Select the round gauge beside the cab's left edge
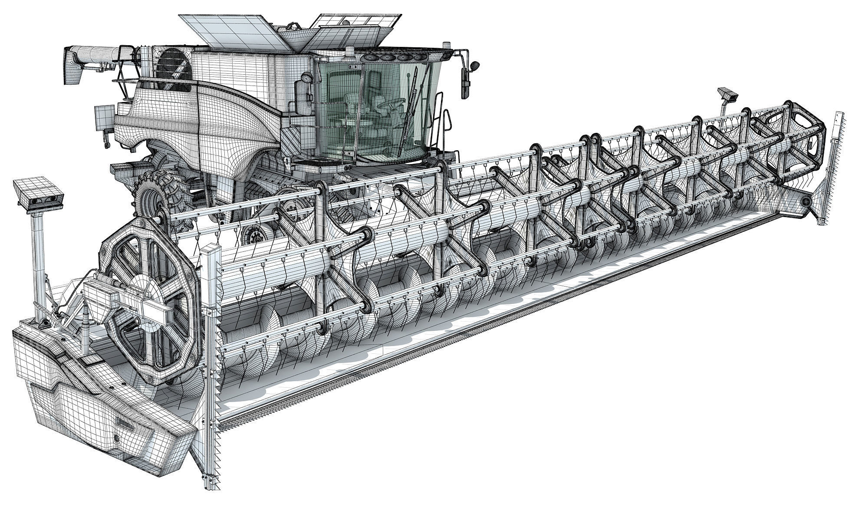click(307, 78)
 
